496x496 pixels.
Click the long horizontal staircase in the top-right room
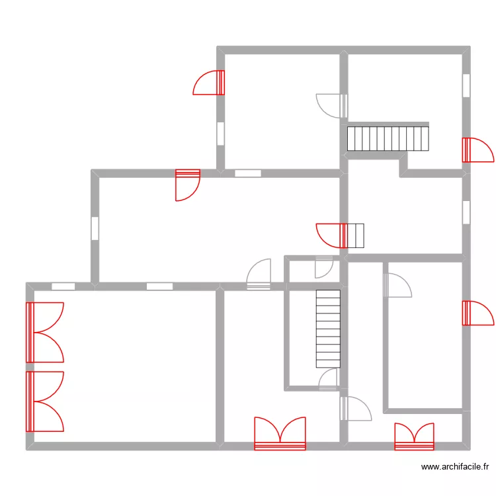(x=389, y=138)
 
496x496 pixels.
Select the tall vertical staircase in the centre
(x=328, y=328)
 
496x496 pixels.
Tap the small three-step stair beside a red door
(x=356, y=235)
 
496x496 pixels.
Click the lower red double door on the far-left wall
(x=44, y=401)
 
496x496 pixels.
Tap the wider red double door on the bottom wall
(x=280, y=435)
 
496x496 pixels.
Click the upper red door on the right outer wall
(x=476, y=150)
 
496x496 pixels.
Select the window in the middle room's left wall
(x=95, y=228)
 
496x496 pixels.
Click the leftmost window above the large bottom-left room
(x=63, y=286)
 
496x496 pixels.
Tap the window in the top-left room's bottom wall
(x=248, y=173)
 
